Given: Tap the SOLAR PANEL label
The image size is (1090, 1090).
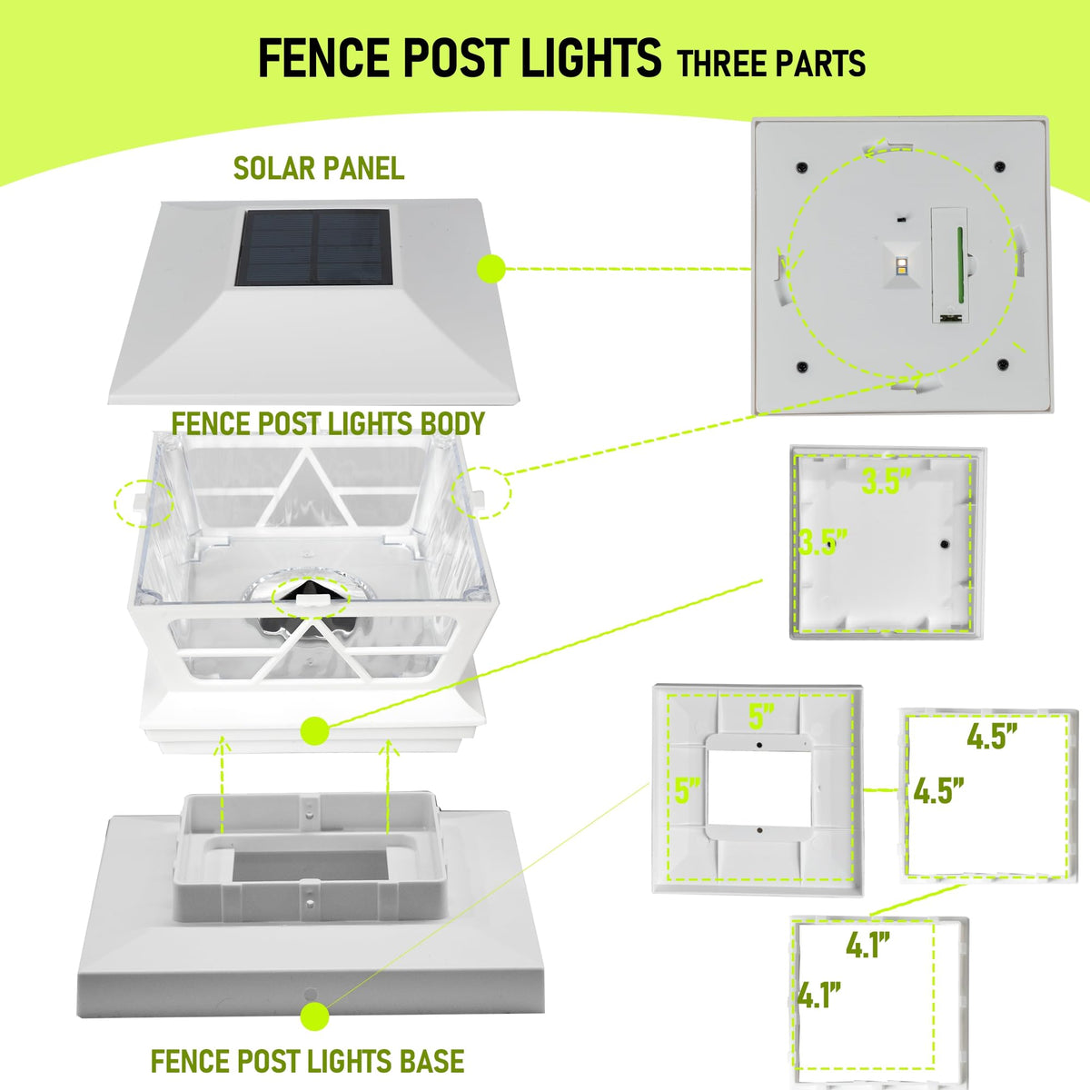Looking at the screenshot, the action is (x=319, y=169).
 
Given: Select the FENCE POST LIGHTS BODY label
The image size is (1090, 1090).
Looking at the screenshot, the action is (x=328, y=423).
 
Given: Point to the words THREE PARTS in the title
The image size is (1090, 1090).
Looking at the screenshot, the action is (x=771, y=63).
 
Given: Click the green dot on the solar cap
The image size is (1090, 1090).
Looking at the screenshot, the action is (x=491, y=269).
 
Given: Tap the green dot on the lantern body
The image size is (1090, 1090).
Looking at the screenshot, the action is (x=315, y=730).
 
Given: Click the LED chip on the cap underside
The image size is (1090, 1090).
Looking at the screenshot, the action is (x=900, y=263).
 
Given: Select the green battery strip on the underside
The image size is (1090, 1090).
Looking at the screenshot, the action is (x=960, y=264).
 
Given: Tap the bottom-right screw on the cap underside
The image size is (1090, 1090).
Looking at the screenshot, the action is (x=1003, y=363).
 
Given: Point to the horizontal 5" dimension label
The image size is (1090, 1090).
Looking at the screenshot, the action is (x=761, y=716).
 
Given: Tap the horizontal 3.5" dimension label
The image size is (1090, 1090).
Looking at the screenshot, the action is (x=887, y=482).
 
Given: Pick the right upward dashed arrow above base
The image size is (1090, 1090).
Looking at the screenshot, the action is (x=388, y=787).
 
